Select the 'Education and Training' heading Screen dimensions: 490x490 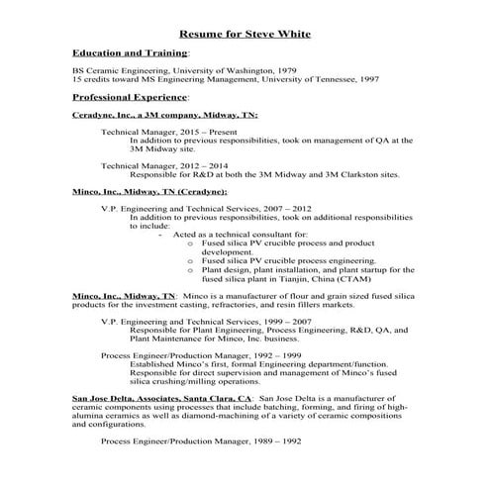(x=130, y=51)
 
